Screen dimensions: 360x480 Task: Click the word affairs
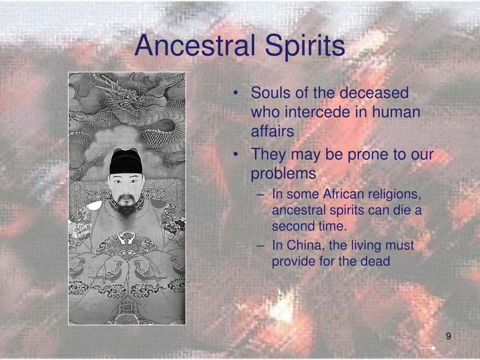pyautogui.click(x=272, y=132)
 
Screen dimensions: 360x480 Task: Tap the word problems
pyautogui.click(x=284, y=173)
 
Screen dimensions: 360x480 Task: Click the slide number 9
pyautogui.click(x=449, y=337)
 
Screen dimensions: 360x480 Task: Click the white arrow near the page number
pyautogui.click(x=427, y=348)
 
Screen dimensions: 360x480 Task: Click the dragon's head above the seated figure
pyautogui.click(x=126, y=96)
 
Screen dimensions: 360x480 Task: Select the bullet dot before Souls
pyautogui.click(x=239, y=93)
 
